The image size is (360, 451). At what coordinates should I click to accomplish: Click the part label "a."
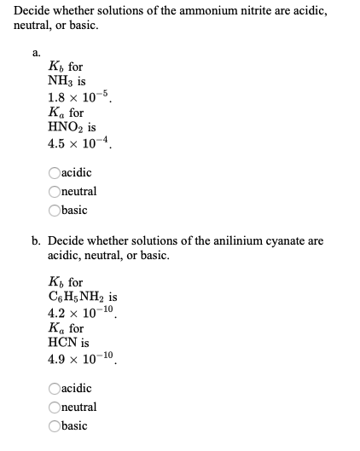38,52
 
